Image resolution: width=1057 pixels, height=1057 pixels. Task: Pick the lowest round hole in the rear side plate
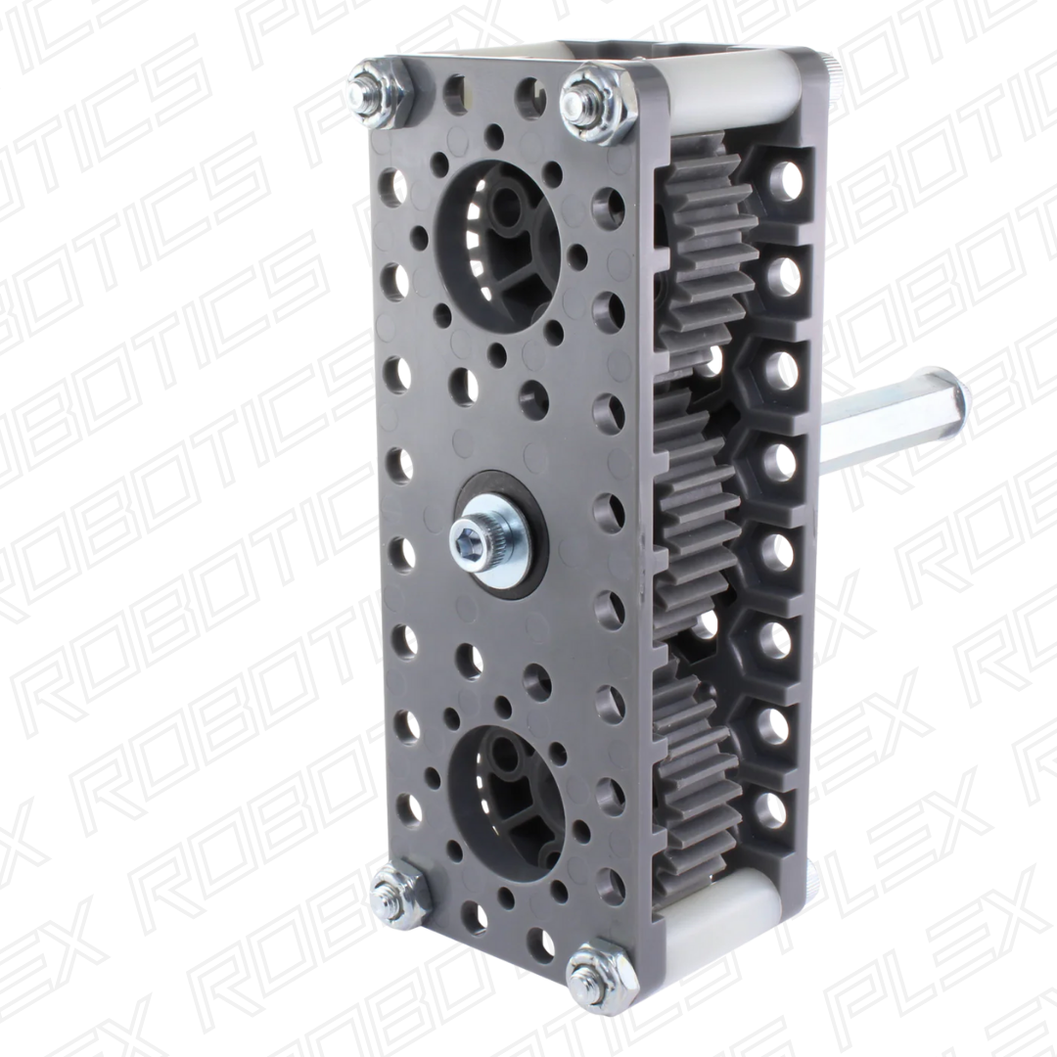(777, 807)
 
